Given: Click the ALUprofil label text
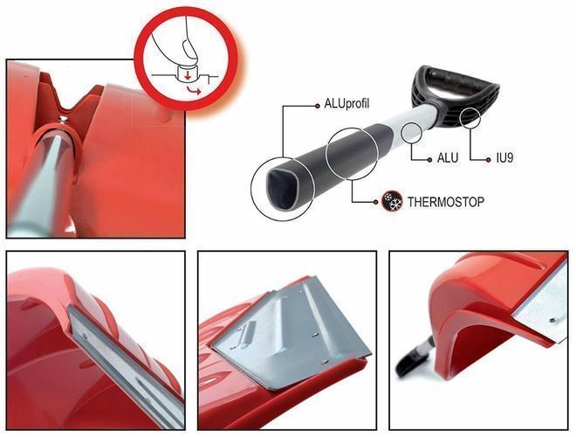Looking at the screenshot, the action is point(346,104).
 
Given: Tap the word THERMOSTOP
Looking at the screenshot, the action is point(446,202).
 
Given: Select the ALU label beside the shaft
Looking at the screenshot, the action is point(448,158).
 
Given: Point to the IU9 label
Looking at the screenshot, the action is point(504,158).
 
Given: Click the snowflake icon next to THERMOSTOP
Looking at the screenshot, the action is point(392,201).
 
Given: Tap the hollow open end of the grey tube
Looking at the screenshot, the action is point(281,190).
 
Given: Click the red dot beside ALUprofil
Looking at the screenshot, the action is point(318,106).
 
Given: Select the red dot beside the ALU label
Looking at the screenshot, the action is point(429,160).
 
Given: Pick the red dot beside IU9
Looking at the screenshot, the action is point(488,160).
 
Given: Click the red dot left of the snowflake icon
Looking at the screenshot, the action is point(375,202).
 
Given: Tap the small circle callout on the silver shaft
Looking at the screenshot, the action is point(411,133).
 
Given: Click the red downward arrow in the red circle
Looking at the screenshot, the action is point(188,76).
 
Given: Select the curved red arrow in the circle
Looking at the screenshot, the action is point(194,91).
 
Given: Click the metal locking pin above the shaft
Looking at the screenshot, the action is point(64,119).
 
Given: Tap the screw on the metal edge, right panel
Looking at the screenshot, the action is point(552,321).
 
